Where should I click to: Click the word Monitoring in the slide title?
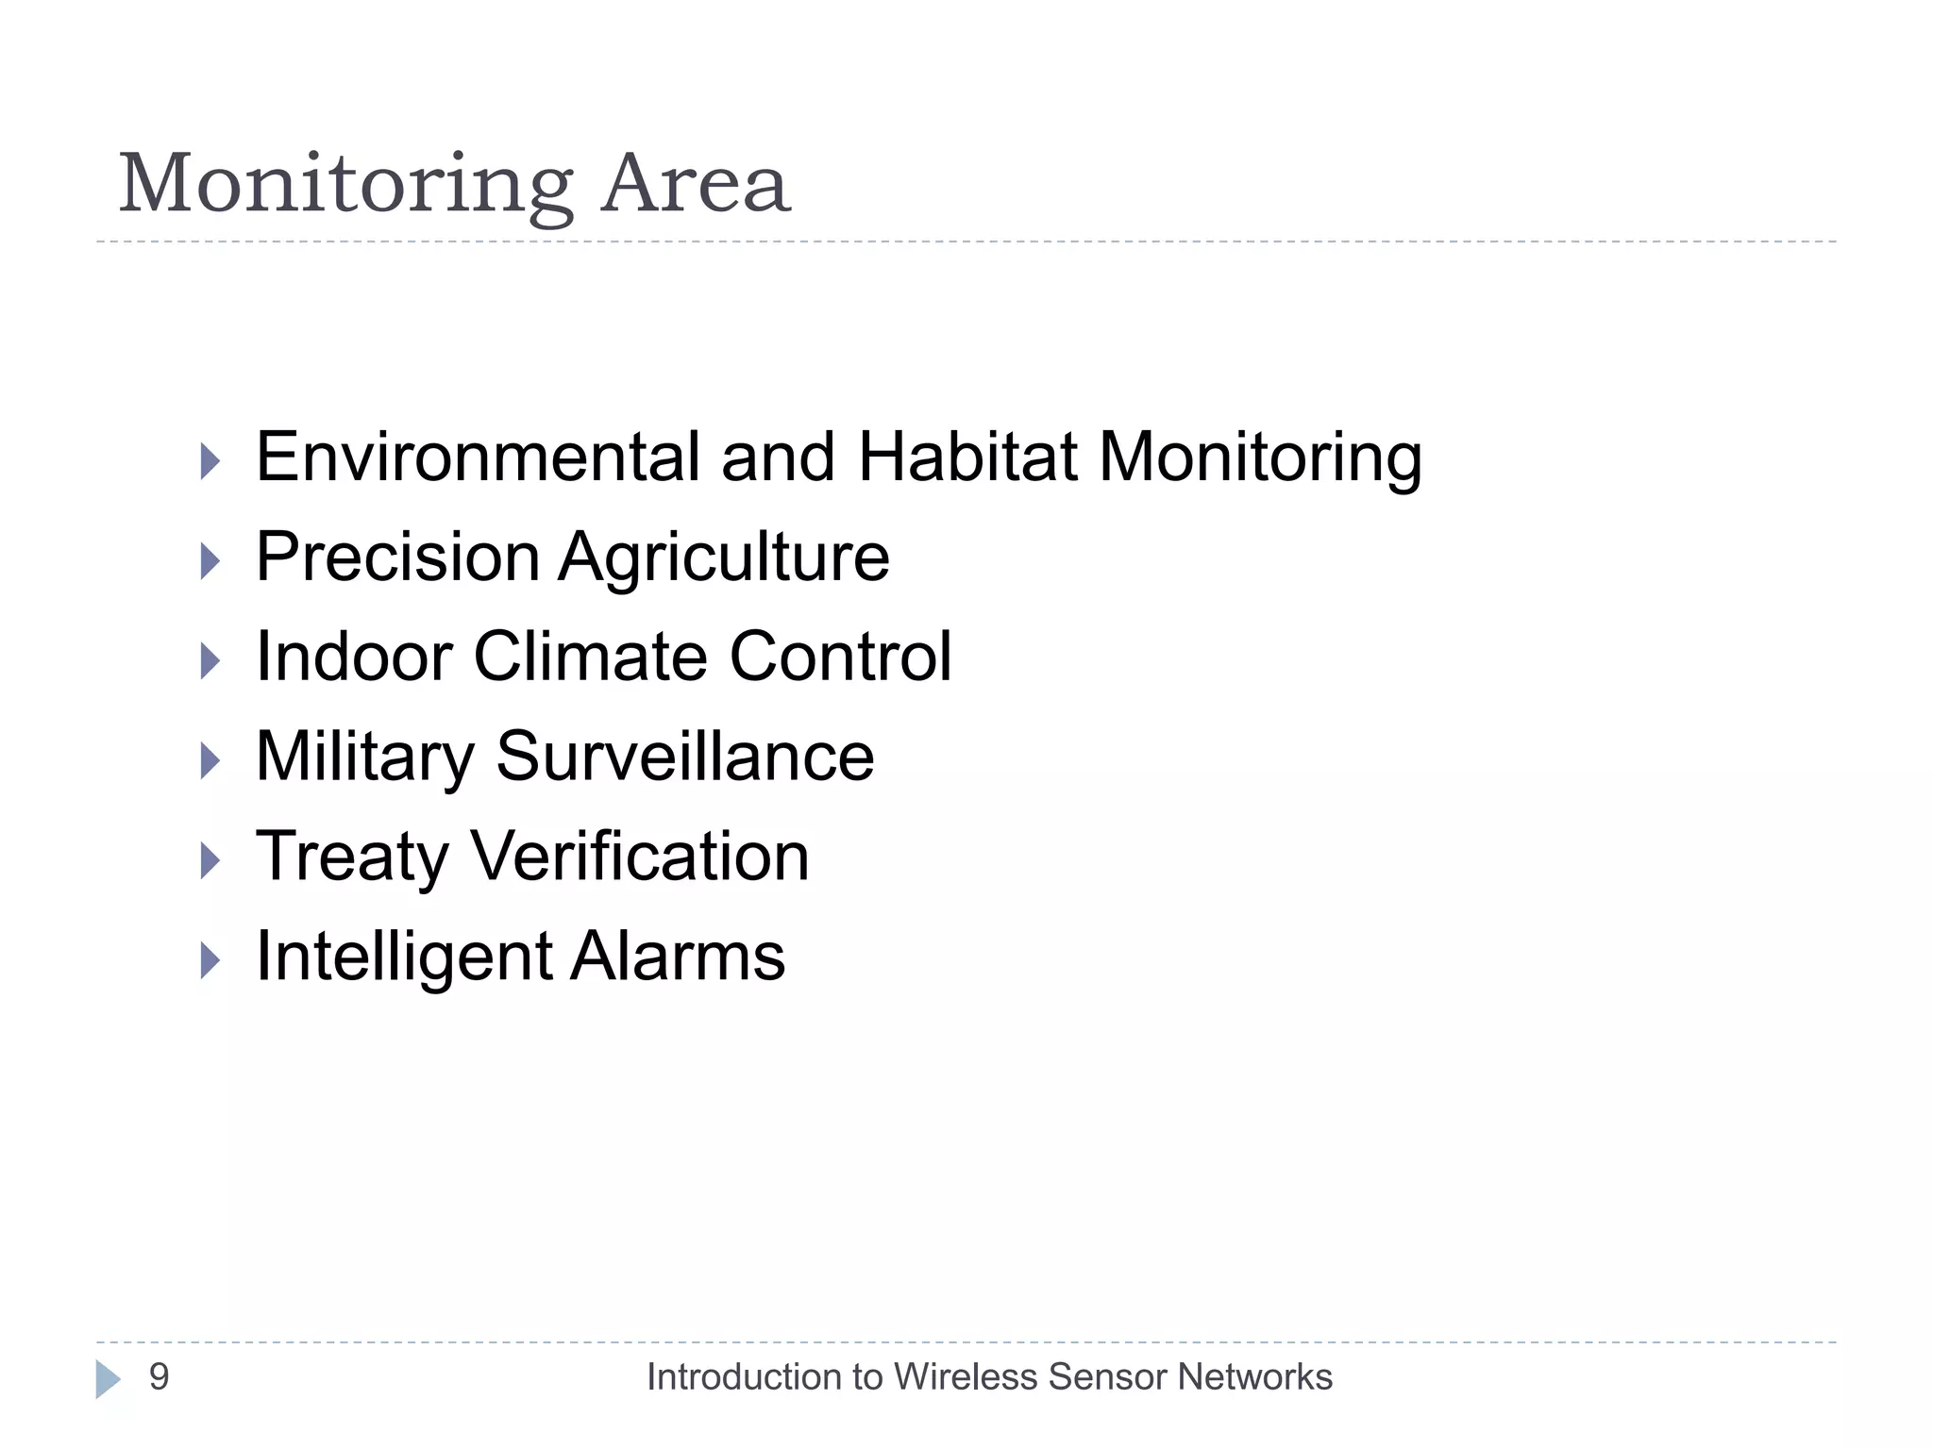click(345, 185)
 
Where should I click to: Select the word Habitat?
click(967, 458)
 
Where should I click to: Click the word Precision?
click(397, 557)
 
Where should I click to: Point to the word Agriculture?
click(724, 558)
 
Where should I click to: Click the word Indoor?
click(354, 657)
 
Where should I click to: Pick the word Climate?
click(590, 657)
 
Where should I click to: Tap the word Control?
click(840, 657)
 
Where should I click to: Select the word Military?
click(365, 758)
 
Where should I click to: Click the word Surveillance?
click(685, 757)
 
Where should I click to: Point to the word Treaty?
click(352, 858)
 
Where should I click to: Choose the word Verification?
click(640, 857)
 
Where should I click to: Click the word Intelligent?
click(404, 958)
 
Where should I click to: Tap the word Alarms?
click(678, 957)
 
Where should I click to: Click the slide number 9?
click(159, 1377)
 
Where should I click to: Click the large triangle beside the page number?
click(108, 1379)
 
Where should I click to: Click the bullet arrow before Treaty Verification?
click(210, 860)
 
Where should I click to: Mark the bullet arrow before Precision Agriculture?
click(210, 561)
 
